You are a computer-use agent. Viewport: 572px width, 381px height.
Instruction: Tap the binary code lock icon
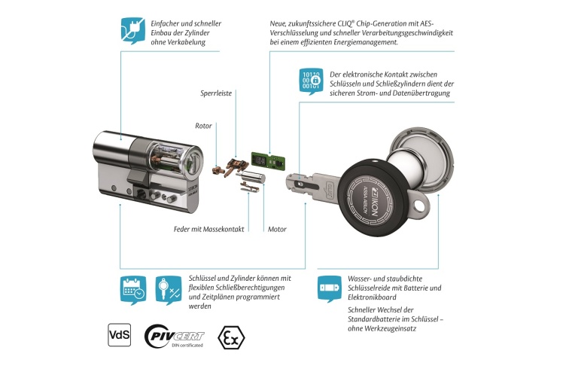click(x=312, y=80)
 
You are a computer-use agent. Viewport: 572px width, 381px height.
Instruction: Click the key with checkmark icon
click(x=169, y=289)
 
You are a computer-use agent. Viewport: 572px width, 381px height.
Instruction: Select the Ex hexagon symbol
click(x=231, y=337)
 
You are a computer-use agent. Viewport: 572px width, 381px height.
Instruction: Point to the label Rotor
click(x=203, y=126)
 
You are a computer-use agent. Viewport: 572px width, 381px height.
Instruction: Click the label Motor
click(x=277, y=228)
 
